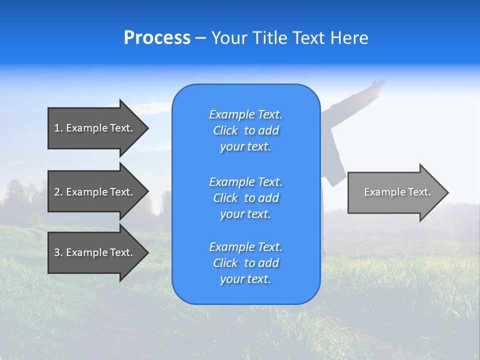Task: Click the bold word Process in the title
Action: pyautogui.click(x=157, y=38)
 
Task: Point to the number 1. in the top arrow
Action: pyautogui.click(x=58, y=128)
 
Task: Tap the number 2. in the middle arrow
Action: pyautogui.click(x=58, y=192)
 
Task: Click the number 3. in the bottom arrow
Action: pyautogui.click(x=58, y=252)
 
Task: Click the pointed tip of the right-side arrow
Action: pyautogui.click(x=446, y=192)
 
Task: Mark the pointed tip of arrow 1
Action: pyautogui.click(x=146, y=128)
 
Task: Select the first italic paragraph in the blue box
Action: pyautogui.click(x=245, y=130)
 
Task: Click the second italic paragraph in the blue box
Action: pyautogui.click(x=245, y=198)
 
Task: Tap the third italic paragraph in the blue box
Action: pyautogui.click(x=245, y=263)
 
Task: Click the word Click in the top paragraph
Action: pyautogui.click(x=225, y=130)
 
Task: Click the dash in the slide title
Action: pyautogui.click(x=201, y=38)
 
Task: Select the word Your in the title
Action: pyautogui.click(x=229, y=38)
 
